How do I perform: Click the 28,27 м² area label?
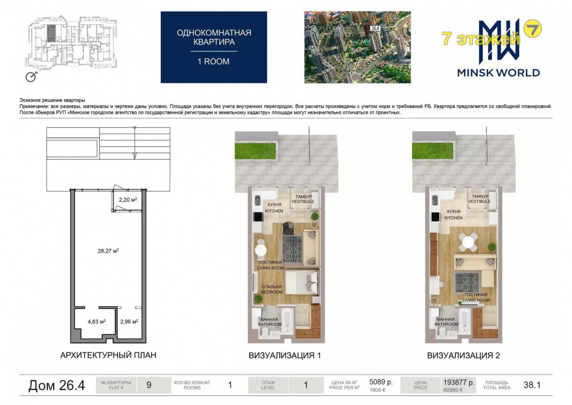(x=108, y=251)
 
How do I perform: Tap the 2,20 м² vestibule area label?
(x=128, y=200)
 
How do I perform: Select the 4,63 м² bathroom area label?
(x=96, y=322)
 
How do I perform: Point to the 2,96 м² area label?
(x=129, y=322)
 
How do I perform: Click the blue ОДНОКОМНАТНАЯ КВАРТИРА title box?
(x=214, y=47)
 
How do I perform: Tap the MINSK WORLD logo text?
(x=498, y=73)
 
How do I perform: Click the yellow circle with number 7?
(x=532, y=28)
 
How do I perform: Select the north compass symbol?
(x=31, y=77)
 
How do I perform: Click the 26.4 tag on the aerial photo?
(x=375, y=28)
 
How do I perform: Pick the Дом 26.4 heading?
(x=56, y=385)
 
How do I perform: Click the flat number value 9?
(x=149, y=385)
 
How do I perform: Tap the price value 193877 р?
(x=459, y=382)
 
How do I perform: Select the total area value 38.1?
(x=532, y=385)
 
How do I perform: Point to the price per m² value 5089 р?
(x=381, y=382)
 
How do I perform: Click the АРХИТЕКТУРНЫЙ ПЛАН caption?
(x=108, y=355)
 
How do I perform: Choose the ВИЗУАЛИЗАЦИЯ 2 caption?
(x=463, y=355)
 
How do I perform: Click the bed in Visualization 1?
(x=302, y=282)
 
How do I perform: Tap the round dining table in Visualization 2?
(x=467, y=242)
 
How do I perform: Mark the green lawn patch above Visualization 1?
(x=255, y=151)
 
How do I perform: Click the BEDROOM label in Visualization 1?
(x=272, y=292)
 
